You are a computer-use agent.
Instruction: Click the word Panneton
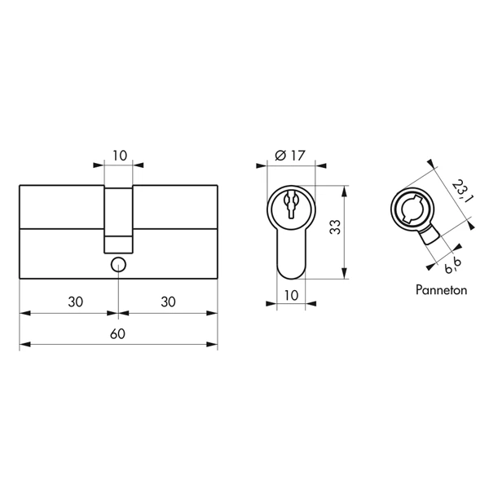441,290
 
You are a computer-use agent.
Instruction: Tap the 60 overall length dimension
118,334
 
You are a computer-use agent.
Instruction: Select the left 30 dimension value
76,302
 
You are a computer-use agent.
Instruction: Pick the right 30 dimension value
168,302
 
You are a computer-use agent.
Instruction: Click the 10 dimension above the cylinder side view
120,156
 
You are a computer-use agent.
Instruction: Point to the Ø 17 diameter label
290,156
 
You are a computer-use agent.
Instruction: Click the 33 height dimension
335,227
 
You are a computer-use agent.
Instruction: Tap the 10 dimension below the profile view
291,295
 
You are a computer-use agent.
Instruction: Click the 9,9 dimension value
453,266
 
